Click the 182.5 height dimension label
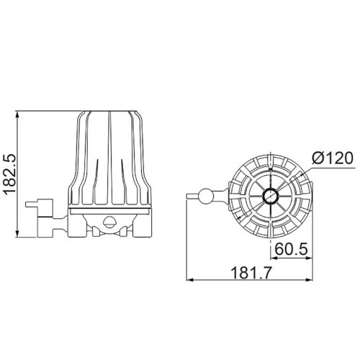click(x=9, y=174)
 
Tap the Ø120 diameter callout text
click(x=333, y=158)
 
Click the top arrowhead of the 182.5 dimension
click(x=17, y=114)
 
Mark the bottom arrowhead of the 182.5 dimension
click(x=17, y=233)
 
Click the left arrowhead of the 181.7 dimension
click(x=190, y=279)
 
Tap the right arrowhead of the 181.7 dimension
click(x=310, y=279)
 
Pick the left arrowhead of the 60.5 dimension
click(x=274, y=258)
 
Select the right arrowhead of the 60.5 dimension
click(x=310, y=258)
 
